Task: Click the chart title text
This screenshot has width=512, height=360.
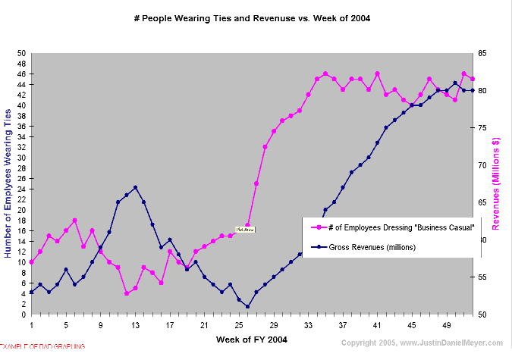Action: [256, 17]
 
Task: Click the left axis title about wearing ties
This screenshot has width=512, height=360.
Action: [8, 183]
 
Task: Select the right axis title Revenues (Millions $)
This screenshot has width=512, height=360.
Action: [497, 184]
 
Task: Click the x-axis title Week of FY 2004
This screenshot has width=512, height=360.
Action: [252, 339]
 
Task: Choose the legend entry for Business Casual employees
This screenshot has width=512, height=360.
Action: [392, 227]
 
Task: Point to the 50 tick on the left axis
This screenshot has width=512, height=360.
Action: [22, 53]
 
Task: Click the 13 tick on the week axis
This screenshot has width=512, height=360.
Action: [135, 324]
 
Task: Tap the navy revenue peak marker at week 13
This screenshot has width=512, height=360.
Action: [135, 187]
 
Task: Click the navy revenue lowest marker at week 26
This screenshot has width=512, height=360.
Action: [247, 307]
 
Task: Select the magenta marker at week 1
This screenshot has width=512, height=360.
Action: [31, 262]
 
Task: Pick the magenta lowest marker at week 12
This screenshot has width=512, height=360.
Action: [127, 293]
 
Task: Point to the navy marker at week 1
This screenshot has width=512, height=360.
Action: [31, 292]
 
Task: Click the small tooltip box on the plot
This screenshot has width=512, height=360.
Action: [244, 229]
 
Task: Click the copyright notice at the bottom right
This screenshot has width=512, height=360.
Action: [425, 343]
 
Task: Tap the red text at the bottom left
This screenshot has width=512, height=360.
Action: [42, 346]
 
